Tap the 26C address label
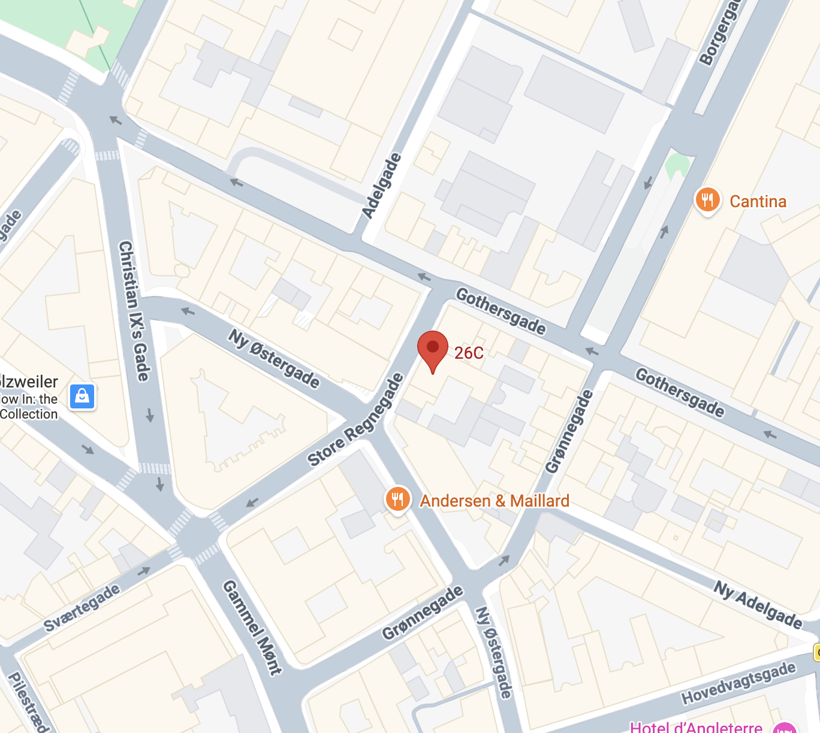point(469,353)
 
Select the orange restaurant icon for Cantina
point(707,200)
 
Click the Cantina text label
point(758,201)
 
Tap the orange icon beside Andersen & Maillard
point(397,499)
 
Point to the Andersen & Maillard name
point(495,501)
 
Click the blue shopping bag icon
point(82,396)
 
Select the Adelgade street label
point(382,186)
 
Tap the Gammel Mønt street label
point(252,627)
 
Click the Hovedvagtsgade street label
point(738,683)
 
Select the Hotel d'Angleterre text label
point(696,726)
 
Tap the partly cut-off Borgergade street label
point(719,33)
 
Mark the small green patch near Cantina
point(677,165)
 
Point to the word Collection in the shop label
point(29,414)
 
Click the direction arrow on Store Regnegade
point(252,502)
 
